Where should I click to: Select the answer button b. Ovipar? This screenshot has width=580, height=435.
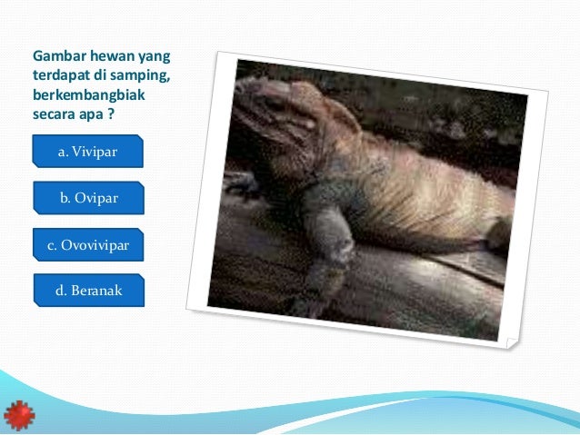pos(89,198)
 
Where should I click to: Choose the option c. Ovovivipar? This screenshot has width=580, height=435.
pos(88,244)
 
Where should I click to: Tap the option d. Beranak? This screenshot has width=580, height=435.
pos(89,291)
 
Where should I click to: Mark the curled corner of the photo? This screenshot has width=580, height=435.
pos(511,341)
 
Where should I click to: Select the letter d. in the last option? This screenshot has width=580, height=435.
pos(62,291)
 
